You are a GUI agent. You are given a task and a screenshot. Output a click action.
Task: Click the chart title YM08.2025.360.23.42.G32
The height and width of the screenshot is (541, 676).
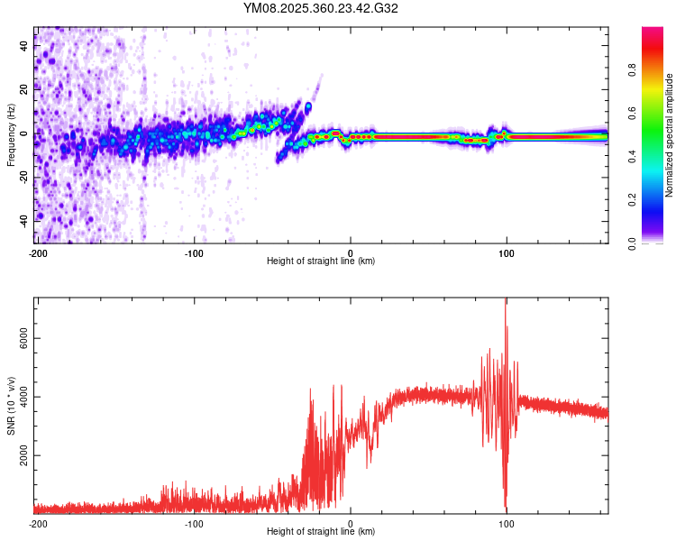321,8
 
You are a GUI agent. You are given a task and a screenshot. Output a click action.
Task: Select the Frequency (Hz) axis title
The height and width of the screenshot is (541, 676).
11,135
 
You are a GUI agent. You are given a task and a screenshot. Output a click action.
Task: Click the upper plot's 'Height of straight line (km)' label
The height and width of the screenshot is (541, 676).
321,261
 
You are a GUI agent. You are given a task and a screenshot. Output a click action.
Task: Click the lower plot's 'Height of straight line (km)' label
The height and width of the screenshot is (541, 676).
321,532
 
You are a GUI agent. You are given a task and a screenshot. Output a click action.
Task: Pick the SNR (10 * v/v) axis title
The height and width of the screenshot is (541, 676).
11,406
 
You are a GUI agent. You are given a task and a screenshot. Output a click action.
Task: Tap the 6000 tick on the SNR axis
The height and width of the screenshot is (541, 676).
22,338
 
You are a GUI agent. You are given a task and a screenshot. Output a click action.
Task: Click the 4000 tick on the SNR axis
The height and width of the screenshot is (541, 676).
22,397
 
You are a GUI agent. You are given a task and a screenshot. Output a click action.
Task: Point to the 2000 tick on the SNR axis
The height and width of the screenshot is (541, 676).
22,456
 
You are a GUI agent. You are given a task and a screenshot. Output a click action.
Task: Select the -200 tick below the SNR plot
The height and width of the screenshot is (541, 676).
37,523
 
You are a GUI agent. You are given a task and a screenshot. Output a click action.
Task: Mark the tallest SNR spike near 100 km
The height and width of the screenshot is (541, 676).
506,300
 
